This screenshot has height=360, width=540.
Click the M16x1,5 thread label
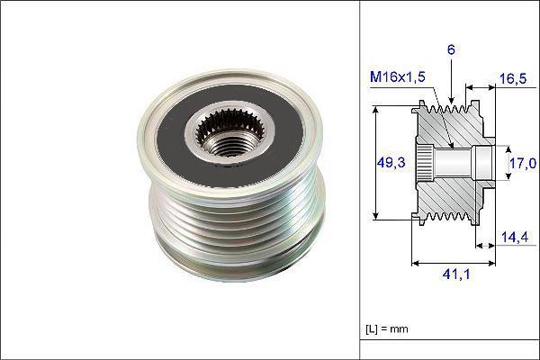[398, 76]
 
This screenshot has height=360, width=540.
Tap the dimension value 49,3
[391, 162]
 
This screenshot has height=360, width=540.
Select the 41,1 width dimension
[456, 274]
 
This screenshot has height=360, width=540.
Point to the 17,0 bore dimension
[523, 163]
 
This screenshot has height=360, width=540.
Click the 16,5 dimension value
[513, 78]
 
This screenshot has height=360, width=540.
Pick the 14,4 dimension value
[515, 237]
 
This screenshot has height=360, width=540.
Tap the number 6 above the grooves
[451, 49]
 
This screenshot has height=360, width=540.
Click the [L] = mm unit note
[387, 328]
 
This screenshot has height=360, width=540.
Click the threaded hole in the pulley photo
[229, 145]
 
